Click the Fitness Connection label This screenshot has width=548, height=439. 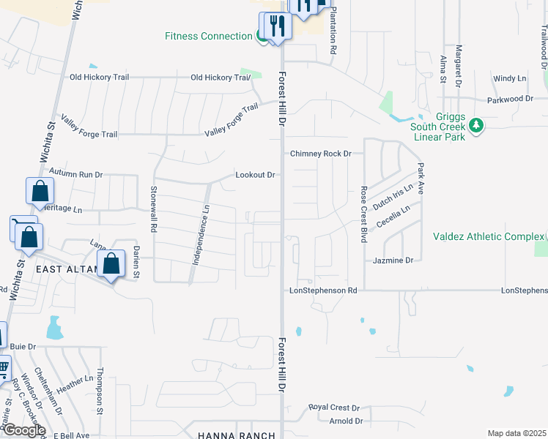coord(208,36)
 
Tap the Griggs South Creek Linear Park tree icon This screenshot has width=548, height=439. coord(477,127)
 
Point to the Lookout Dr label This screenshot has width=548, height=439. coord(255,175)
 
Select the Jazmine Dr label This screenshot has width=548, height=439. coord(393,260)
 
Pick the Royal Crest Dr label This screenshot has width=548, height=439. coord(334,408)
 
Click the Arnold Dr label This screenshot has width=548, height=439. coord(346,421)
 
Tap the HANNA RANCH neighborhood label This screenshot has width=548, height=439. coord(236,435)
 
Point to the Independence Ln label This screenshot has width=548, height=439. coord(199,234)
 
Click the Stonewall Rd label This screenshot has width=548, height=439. coord(154,208)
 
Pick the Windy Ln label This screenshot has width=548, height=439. coord(509,78)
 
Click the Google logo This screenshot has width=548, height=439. coord(23,430)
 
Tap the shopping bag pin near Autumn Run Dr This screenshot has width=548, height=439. coord(40,192)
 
